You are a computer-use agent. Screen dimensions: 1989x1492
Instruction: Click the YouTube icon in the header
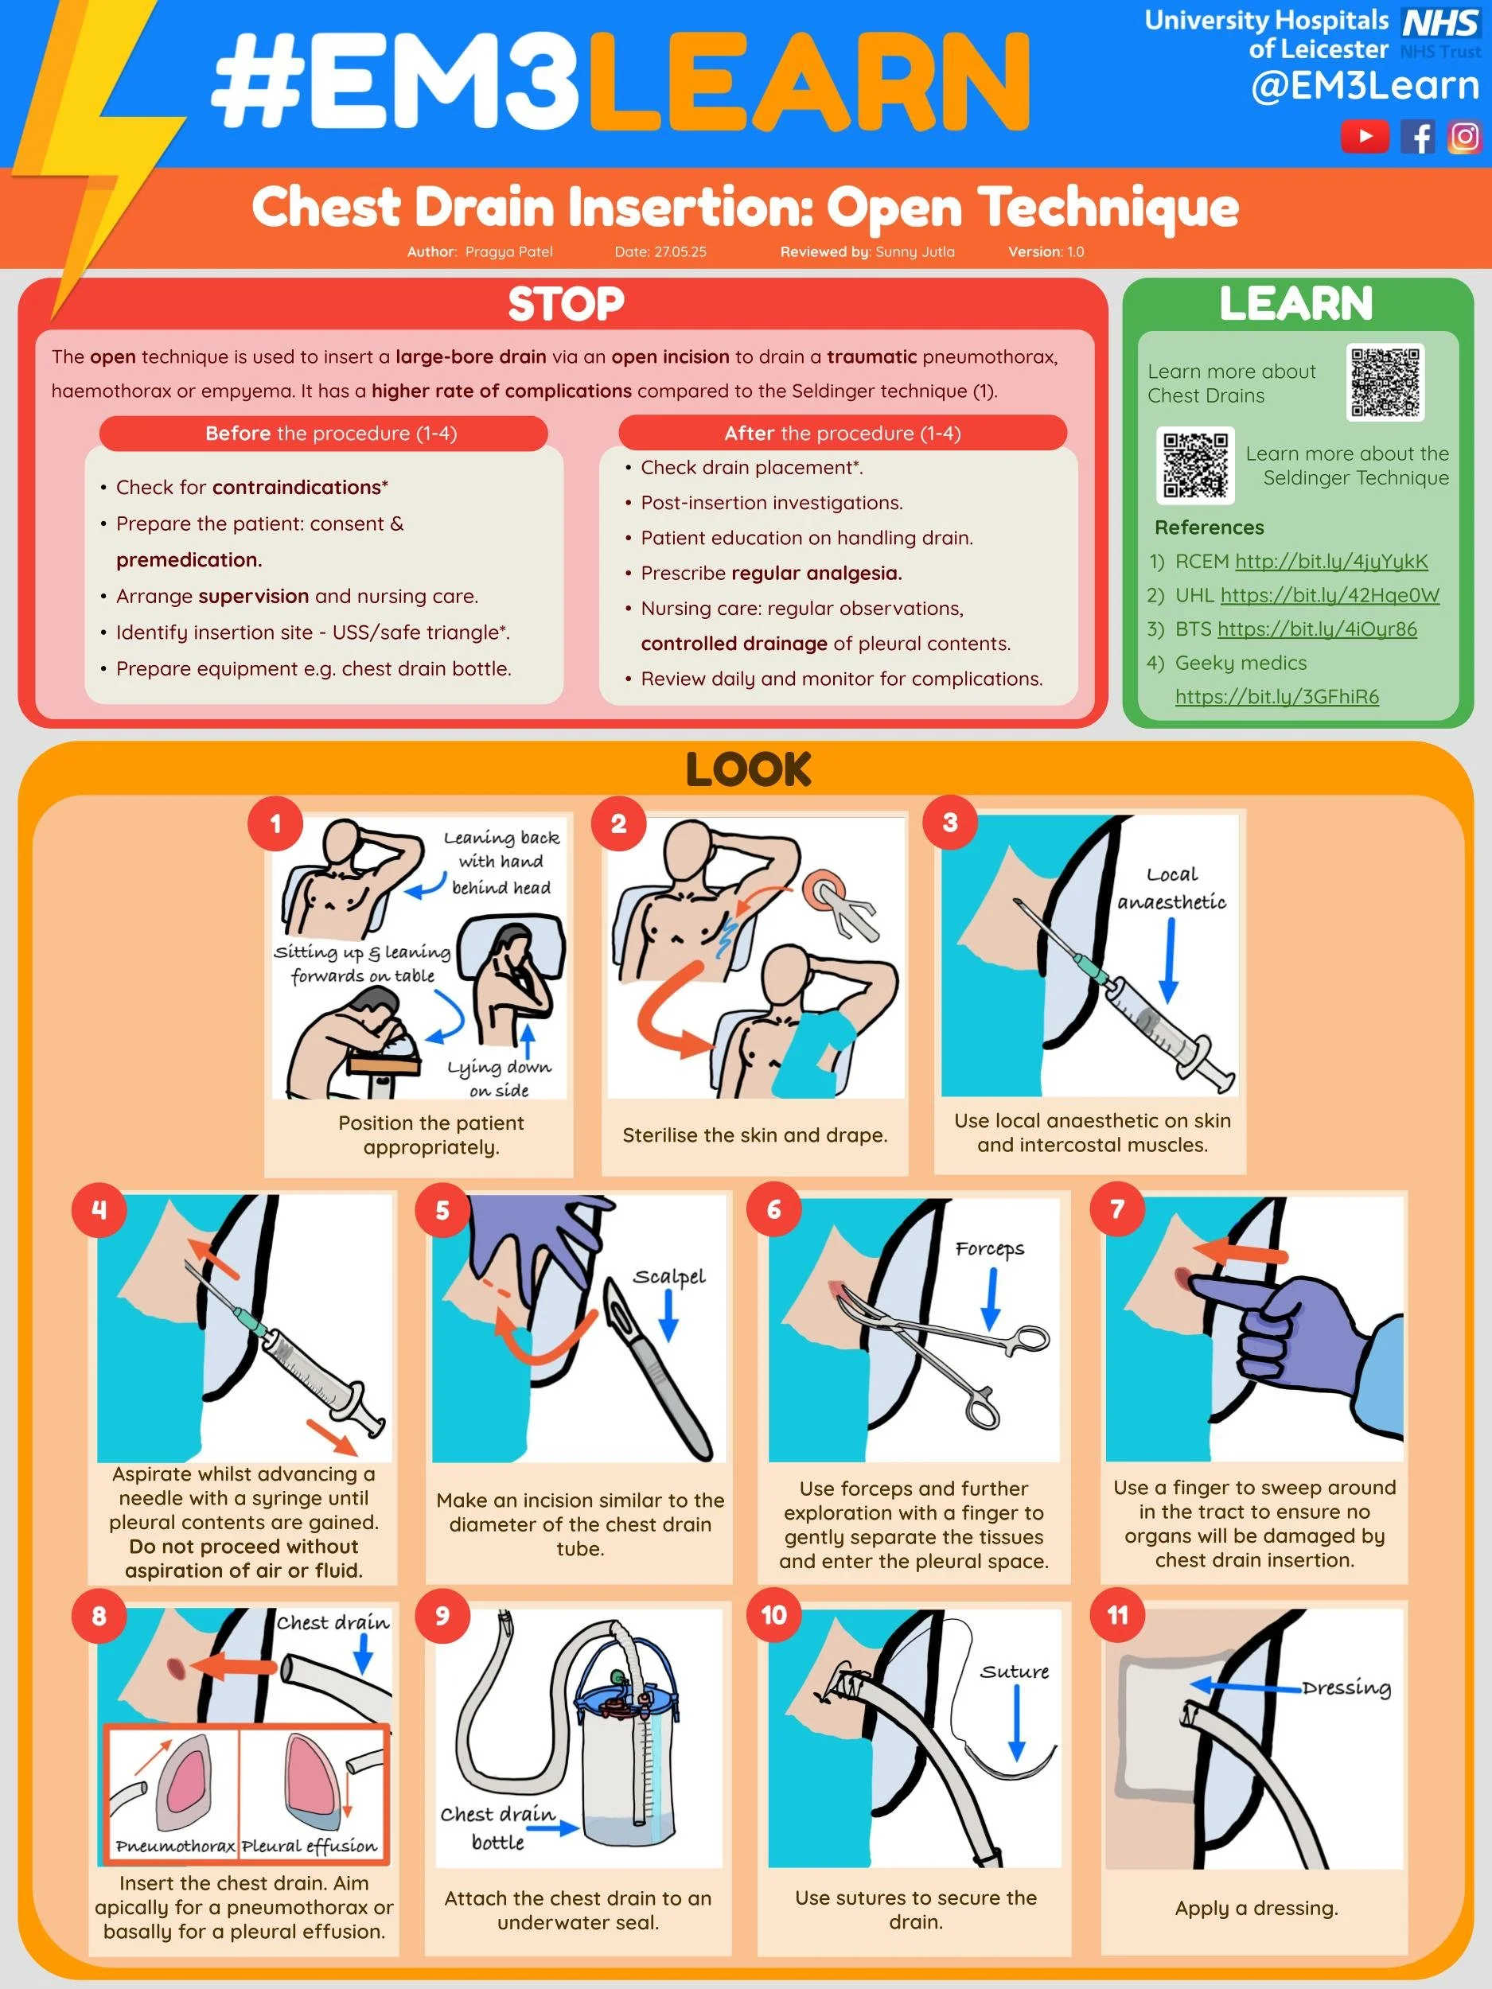tap(1365, 137)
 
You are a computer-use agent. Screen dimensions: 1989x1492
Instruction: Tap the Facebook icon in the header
tap(1418, 138)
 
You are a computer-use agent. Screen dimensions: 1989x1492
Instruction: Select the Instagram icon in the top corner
tap(1464, 137)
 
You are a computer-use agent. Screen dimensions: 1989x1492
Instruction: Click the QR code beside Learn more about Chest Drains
tap(1385, 383)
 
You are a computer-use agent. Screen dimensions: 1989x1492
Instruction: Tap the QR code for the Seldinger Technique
tap(1194, 465)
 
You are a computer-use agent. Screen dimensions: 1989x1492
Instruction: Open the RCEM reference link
tap(1331, 561)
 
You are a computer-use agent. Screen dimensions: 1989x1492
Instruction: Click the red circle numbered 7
tap(1117, 1209)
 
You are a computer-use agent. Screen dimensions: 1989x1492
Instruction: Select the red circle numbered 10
tap(773, 1615)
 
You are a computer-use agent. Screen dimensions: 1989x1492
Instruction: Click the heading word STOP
tap(566, 304)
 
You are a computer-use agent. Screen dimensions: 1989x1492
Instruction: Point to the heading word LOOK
tap(748, 769)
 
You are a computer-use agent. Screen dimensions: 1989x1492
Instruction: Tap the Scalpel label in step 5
tap(669, 1276)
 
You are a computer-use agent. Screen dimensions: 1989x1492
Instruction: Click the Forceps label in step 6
tap(989, 1248)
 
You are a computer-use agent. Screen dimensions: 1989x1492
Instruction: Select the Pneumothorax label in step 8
tap(174, 1846)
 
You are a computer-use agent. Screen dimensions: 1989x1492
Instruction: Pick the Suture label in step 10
tap(1015, 1672)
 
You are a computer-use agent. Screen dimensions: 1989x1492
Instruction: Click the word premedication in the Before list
tap(189, 559)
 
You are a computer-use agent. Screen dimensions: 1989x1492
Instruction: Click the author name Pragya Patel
tap(508, 251)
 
